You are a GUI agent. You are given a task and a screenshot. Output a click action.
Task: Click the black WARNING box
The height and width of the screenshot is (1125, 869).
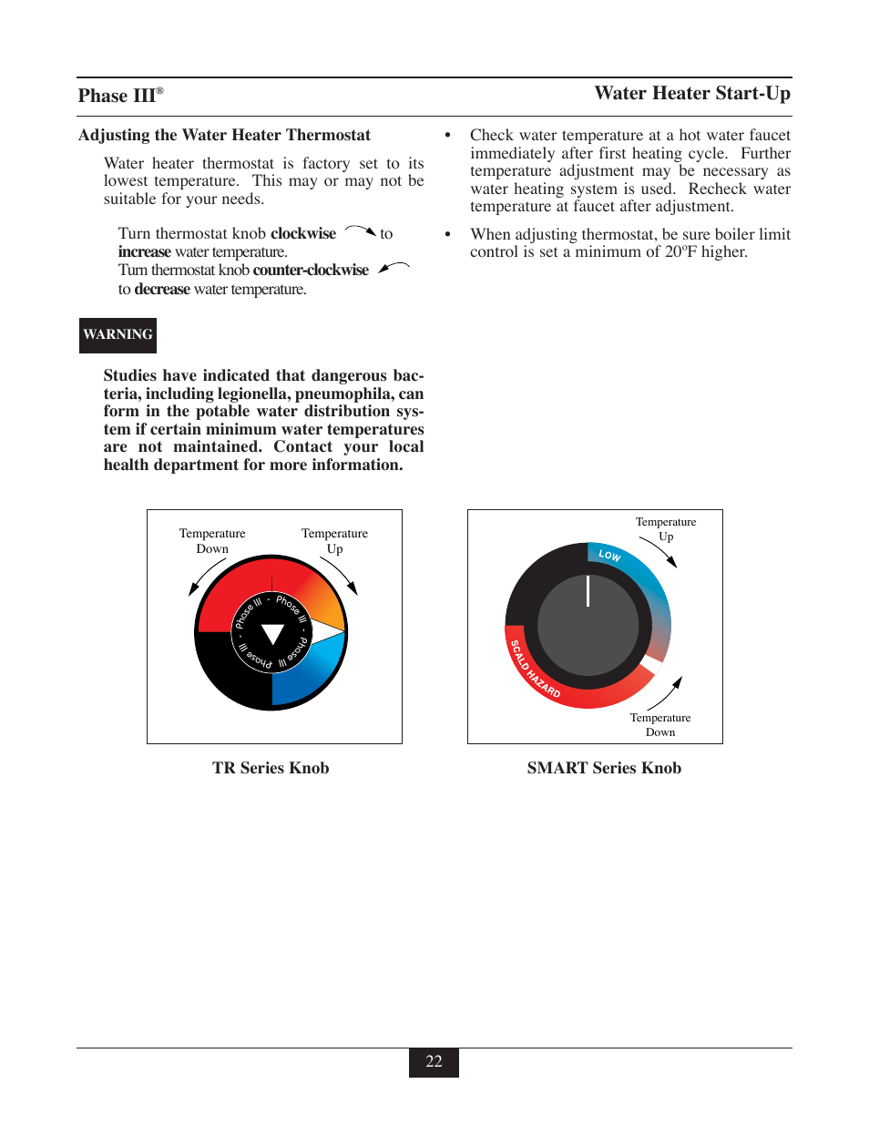[118, 335]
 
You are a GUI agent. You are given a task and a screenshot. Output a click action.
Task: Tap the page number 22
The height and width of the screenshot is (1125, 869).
[434, 1062]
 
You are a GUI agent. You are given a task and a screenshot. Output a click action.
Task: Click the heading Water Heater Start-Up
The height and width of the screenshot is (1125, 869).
[692, 94]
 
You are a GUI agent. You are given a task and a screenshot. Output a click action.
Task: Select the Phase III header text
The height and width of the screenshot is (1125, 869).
[119, 96]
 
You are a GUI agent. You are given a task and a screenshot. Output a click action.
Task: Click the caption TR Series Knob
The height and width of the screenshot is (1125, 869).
[271, 768]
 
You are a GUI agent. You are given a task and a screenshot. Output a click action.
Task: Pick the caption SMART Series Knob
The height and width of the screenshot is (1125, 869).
[604, 768]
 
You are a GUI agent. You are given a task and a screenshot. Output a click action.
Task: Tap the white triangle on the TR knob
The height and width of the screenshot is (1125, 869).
[272, 634]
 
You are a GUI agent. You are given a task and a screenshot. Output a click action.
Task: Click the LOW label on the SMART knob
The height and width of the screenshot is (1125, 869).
[609, 556]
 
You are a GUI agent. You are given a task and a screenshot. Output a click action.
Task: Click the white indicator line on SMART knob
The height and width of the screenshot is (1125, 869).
[588, 590]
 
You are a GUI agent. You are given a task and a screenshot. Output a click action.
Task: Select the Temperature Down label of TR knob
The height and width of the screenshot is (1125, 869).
[212, 541]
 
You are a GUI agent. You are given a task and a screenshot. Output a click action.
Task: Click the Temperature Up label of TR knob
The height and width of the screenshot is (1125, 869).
[334, 541]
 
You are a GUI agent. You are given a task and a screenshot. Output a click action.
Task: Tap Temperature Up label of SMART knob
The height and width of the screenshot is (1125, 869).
[666, 529]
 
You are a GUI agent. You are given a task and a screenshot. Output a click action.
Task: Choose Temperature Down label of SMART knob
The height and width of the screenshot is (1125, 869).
[660, 725]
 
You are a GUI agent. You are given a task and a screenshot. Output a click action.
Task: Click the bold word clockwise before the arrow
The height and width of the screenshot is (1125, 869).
[303, 234]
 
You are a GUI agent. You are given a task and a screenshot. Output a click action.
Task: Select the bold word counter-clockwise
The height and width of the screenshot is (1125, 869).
[311, 271]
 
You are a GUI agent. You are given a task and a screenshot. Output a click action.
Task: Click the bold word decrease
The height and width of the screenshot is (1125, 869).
[162, 290]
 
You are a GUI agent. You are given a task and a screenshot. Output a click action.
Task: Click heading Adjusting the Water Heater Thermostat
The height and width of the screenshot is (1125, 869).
[224, 136]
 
